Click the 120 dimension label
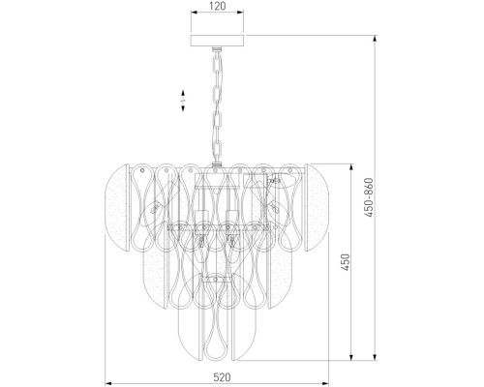click(x=217, y=6)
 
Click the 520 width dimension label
click(x=222, y=377)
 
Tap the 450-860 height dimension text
click(x=369, y=197)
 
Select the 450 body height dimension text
click(x=346, y=262)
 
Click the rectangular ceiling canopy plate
click(x=217, y=41)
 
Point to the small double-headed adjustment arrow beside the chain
click(x=183, y=101)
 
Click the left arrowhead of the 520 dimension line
click(x=108, y=383)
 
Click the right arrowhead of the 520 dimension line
click(x=324, y=383)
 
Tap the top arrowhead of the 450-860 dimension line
click(x=375, y=39)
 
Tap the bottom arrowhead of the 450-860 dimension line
click(x=375, y=357)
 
